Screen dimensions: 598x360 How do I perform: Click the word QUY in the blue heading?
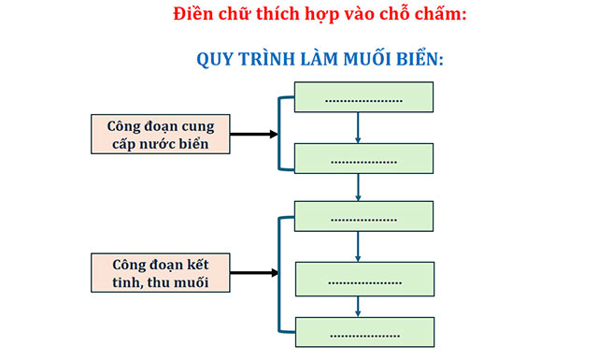pyautogui.click(x=217, y=58)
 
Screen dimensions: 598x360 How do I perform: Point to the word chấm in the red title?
pyautogui.click(x=438, y=15)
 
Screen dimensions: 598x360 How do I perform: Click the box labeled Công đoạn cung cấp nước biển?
pyautogui.click(x=161, y=134)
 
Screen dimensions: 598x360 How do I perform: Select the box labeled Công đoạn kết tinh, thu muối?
pyautogui.click(x=161, y=272)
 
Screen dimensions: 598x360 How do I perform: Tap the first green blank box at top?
pyautogui.click(x=363, y=97)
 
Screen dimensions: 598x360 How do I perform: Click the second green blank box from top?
pyautogui.click(x=363, y=159)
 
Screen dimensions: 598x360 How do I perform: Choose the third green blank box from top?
pyautogui.click(x=363, y=216)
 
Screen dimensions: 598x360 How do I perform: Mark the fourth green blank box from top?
pyautogui.click(x=363, y=278)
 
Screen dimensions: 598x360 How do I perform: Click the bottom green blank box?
pyautogui.click(x=363, y=331)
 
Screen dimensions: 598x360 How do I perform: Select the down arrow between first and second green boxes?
pyautogui.click(x=360, y=128)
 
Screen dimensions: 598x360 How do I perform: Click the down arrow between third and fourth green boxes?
pyautogui.click(x=360, y=247)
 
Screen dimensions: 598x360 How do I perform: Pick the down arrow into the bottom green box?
pyautogui.click(x=360, y=306)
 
